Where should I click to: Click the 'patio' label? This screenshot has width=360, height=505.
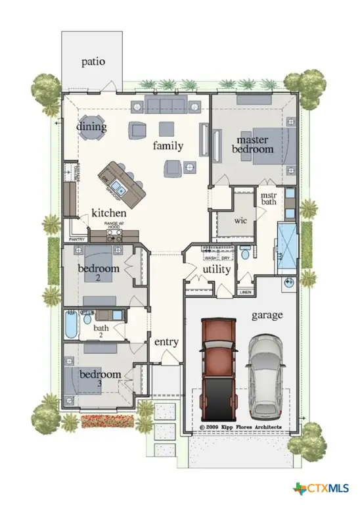(x=93, y=62)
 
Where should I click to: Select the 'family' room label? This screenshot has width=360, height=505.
(x=168, y=145)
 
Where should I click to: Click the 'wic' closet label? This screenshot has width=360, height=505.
(x=233, y=220)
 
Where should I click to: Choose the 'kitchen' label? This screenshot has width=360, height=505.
(x=108, y=213)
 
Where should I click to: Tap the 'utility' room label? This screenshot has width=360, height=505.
(x=215, y=269)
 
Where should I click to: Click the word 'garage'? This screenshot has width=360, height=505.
(x=267, y=315)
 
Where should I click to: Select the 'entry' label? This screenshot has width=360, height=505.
(x=166, y=342)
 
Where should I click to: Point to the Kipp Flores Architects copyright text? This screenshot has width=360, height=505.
(x=240, y=427)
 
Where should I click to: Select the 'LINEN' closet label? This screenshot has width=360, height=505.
(x=245, y=291)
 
